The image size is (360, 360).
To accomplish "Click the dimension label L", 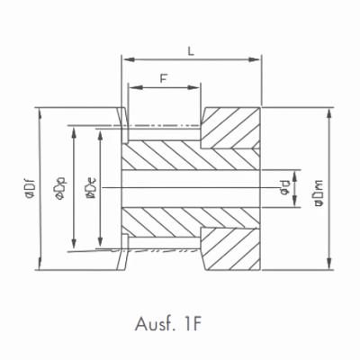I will point(191,50).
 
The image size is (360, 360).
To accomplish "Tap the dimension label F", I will point(163,78).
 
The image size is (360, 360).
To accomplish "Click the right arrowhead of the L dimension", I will point(256,61).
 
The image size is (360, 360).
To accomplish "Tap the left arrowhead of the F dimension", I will point(133,88).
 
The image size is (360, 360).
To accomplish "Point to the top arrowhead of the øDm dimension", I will point(328,112).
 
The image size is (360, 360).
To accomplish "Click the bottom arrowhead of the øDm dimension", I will point(328,266).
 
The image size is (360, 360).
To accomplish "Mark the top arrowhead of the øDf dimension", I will point(40,112).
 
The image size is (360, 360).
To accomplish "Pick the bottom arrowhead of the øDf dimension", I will point(40,266).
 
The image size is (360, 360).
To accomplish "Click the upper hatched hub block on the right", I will point(230,130).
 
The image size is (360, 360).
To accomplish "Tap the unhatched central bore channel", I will point(189,190).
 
